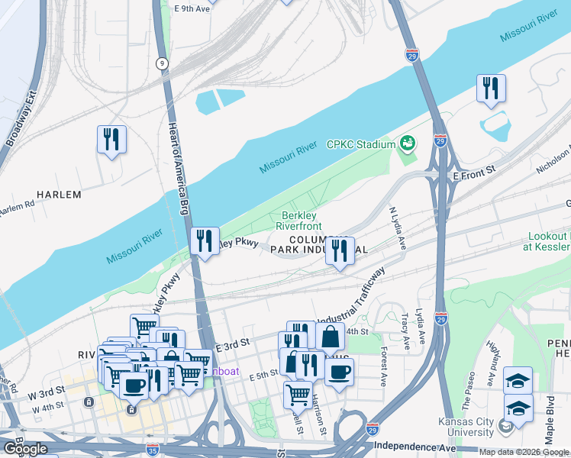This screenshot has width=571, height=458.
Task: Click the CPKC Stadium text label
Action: [x=360, y=144]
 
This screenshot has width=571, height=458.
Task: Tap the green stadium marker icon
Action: [x=408, y=143]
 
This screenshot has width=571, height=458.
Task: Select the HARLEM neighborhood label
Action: [x=59, y=195]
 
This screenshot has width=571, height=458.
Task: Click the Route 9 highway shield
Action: [x=162, y=63]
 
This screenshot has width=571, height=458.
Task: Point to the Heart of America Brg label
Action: [x=177, y=167]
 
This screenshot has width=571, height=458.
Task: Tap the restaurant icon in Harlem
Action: [x=112, y=140]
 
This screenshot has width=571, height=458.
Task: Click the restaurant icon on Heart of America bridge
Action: [x=205, y=241]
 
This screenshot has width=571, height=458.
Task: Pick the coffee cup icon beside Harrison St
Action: [x=339, y=372]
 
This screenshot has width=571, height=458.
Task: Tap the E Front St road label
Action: [x=474, y=175]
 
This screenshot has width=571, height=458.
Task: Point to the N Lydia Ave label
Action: [x=398, y=227]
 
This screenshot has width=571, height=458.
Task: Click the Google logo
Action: [x=25, y=448]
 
